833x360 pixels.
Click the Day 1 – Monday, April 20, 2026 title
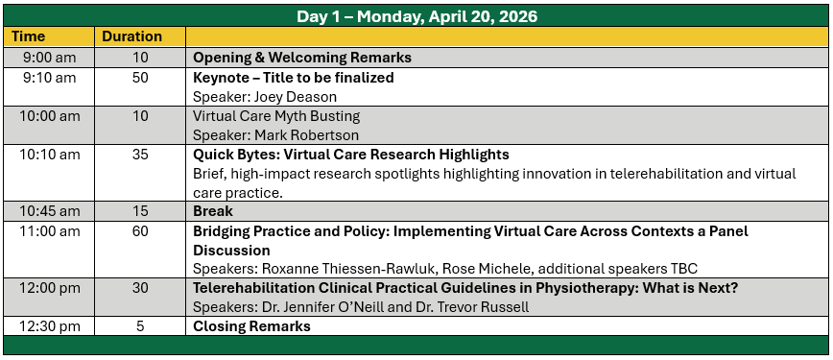point(416,16)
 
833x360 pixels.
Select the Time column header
point(29,36)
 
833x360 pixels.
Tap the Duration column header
point(131,36)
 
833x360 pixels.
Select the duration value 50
point(140,78)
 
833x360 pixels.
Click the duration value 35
point(140,155)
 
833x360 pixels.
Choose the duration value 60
point(140,231)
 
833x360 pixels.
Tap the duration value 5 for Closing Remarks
point(140,326)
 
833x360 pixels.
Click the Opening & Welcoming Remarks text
point(302,58)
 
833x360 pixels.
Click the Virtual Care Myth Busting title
point(276,116)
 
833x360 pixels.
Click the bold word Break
point(212,211)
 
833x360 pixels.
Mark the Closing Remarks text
point(251,326)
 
